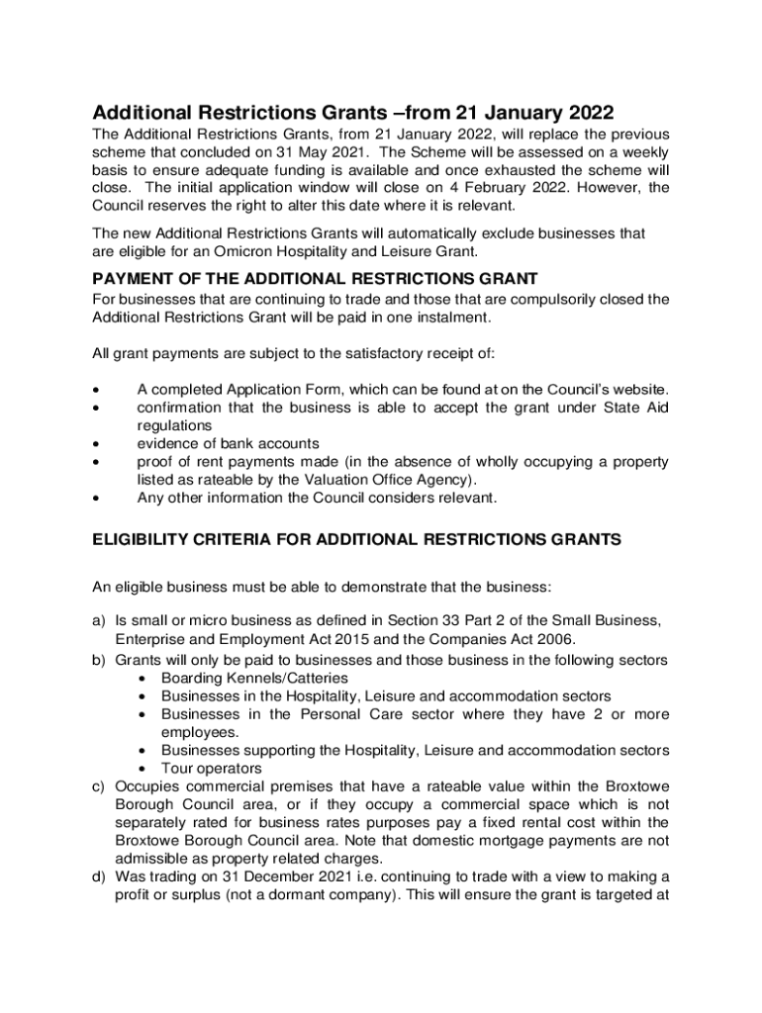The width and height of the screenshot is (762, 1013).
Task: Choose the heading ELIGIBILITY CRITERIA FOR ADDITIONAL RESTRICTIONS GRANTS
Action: tap(356, 539)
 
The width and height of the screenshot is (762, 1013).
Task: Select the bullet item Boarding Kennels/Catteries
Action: tap(254, 678)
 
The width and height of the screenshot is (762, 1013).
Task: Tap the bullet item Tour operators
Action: tap(212, 769)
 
